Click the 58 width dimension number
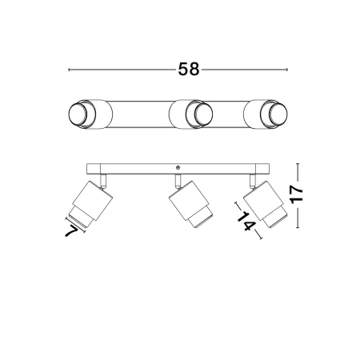pyautogui.click(x=189, y=70)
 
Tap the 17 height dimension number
pyautogui.click(x=297, y=194)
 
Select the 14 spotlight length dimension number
pyautogui.click(x=246, y=221)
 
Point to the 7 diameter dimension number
pyautogui.click(x=71, y=231)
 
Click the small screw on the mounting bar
pyautogui.click(x=178, y=167)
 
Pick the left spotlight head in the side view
pyautogui.click(x=90, y=204)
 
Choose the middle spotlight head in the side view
pyautogui.click(x=191, y=204)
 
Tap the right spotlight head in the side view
pyautogui.click(x=266, y=204)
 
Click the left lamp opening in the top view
pyautogui.click(x=78, y=114)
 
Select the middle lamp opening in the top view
pyautogui.click(x=203, y=114)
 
